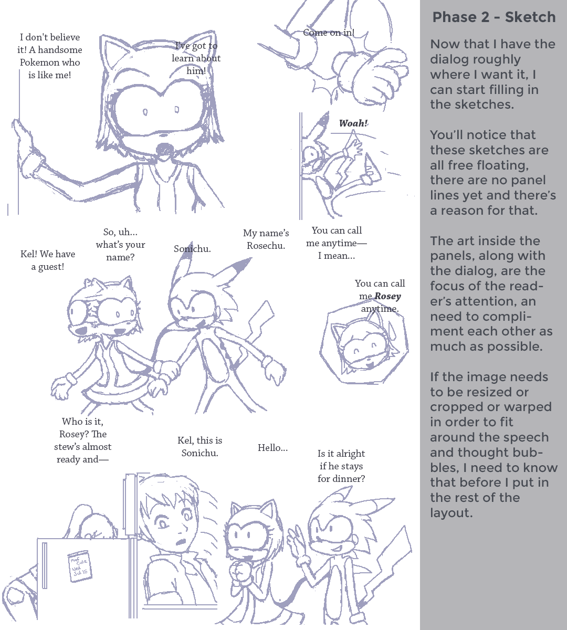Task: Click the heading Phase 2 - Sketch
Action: point(494,17)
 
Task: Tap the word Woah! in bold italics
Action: point(353,123)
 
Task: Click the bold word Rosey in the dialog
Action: point(387,296)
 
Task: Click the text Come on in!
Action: point(329,33)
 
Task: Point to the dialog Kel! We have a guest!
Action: point(48,260)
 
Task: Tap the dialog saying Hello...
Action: point(272,448)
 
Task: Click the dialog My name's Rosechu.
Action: point(266,239)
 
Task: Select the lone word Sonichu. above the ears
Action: point(192,249)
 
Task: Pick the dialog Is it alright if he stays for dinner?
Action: point(341,466)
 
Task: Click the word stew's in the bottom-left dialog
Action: point(67,447)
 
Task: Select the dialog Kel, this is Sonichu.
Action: point(200,447)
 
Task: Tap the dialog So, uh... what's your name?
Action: point(120,245)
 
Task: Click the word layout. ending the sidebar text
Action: point(451,513)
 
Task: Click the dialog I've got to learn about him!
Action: point(196,58)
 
